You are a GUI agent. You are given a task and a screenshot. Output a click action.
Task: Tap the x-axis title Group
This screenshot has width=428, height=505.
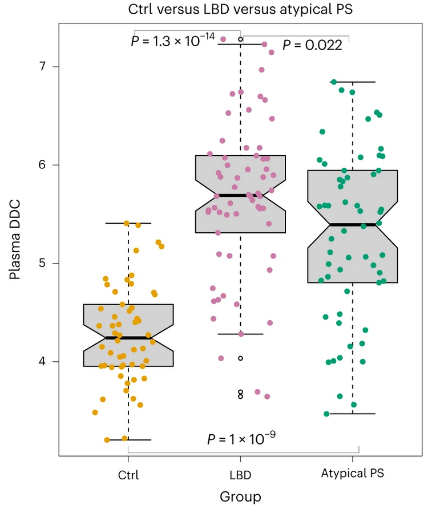[x=240, y=496]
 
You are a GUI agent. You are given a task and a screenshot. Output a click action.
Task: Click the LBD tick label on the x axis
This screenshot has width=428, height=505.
[x=240, y=475]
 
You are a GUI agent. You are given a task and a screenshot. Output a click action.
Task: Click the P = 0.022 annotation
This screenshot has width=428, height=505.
[x=312, y=46]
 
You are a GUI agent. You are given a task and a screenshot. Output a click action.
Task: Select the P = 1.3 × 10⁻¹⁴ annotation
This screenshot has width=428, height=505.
[x=173, y=41]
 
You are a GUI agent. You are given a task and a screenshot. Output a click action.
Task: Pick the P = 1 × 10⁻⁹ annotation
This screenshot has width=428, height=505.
[x=243, y=439]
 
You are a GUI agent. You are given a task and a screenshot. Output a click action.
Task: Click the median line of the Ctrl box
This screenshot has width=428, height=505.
[x=128, y=338]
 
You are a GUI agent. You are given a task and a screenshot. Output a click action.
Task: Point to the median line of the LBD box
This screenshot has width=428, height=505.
[x=240, y=195]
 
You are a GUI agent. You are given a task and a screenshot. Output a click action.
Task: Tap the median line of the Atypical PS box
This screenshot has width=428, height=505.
[x=353, y=225]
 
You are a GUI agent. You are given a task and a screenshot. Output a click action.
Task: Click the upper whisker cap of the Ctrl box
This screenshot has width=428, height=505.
[x=128, y=223]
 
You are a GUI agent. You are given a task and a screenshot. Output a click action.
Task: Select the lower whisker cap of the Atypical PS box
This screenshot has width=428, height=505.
[x=353, y=413]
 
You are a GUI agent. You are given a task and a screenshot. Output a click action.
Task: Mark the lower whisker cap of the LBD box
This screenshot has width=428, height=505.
[x=240, y=334]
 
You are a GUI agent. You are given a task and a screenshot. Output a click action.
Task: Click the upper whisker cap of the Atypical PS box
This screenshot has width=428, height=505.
[x=353, y=82]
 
